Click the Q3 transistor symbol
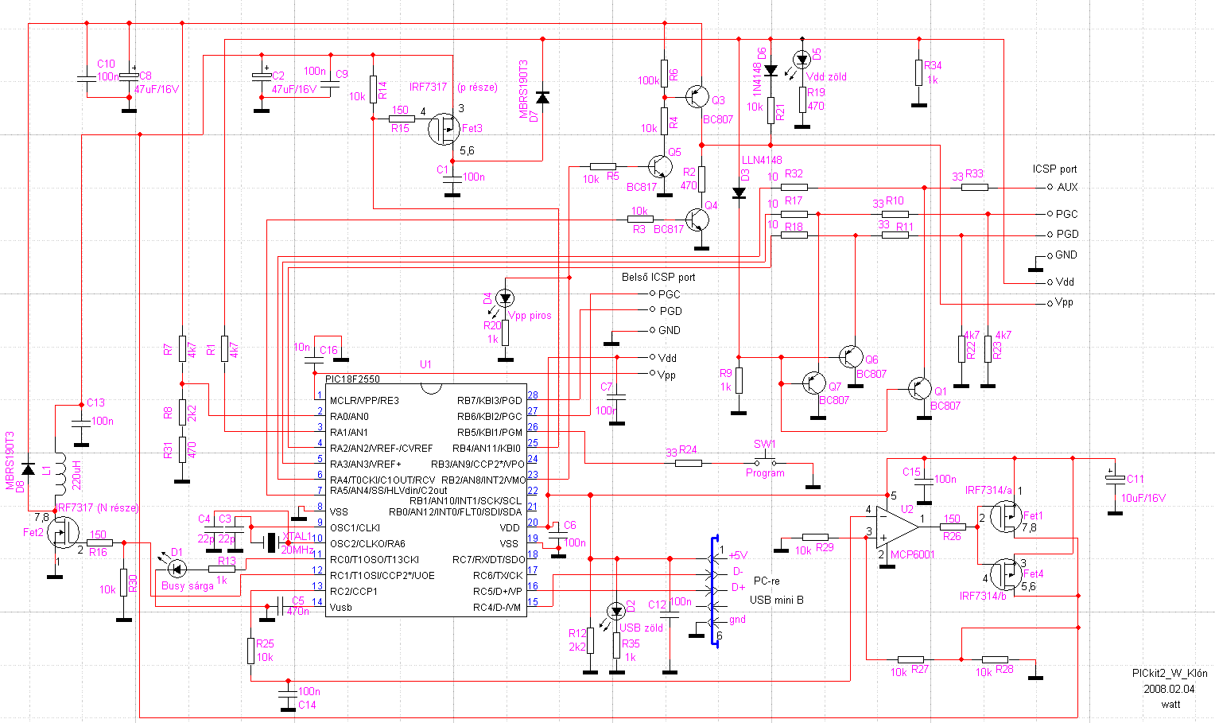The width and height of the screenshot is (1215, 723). coord(697,97)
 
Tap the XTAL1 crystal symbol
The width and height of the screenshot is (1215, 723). coord(271,542)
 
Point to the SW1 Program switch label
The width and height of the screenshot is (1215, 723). coord(764,444)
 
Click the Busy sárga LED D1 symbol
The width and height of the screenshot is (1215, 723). coord(177,568)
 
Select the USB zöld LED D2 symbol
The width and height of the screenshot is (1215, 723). coord(616,611)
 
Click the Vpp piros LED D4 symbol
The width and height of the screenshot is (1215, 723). coord(505,298)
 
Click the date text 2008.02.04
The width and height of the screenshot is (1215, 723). coord(1169,689)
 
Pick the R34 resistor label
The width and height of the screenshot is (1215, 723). coord(933,66)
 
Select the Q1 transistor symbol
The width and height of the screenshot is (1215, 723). coord(921,389)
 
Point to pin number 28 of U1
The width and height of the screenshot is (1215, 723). coord(532,395)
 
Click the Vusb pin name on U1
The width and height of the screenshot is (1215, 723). coord(341,608)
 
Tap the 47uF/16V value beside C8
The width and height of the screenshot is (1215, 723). coord(157,90)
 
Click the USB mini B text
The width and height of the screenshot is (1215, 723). coord(776,600)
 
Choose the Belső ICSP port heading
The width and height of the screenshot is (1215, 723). coord(658,278)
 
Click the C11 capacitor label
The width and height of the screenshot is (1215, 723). coord(1135,480)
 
